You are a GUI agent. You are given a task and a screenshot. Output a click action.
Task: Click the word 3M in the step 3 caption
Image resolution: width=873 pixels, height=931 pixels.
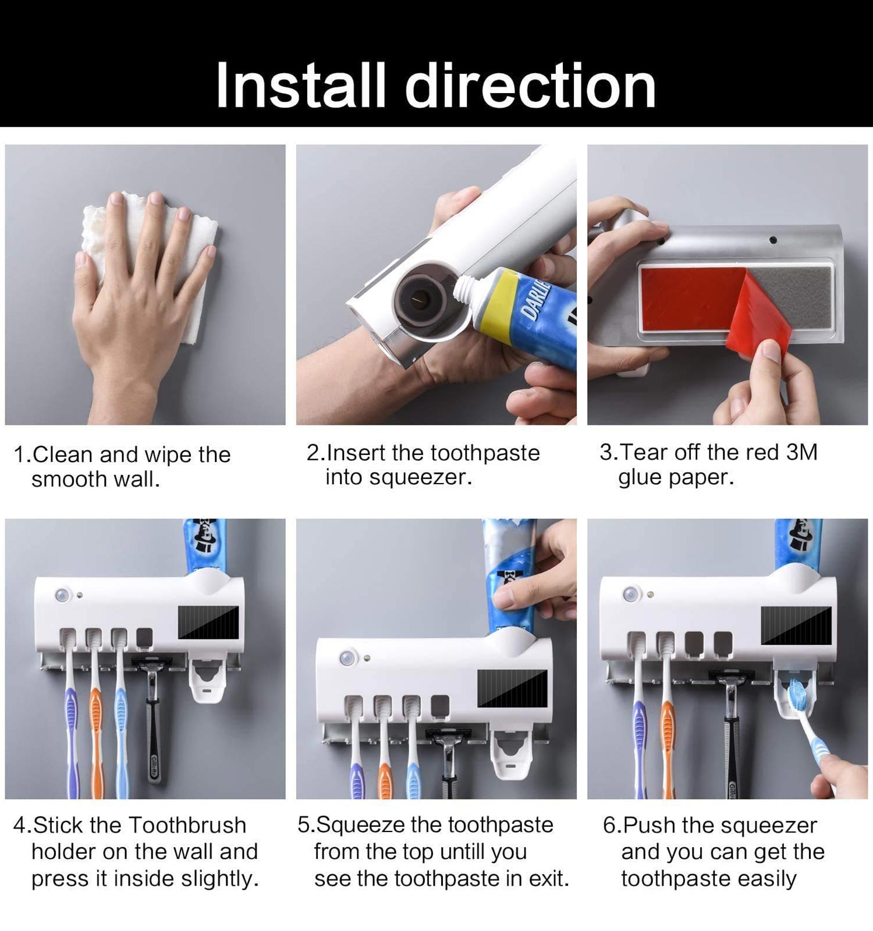(801, 452)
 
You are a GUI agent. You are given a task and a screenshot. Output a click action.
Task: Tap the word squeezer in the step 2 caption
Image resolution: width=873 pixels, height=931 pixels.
(420, 478)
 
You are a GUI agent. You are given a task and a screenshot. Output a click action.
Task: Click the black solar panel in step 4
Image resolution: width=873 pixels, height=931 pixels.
(208, 622)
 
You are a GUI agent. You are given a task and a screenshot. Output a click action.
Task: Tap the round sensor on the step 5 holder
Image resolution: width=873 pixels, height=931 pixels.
(347, 659)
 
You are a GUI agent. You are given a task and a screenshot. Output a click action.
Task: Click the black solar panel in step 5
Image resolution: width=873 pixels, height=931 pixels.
(513, 687)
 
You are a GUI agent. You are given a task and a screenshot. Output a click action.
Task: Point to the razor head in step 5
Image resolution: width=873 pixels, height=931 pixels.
(449, 735)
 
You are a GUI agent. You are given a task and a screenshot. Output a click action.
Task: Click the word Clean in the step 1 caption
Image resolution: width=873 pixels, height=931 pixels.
(63, 454)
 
